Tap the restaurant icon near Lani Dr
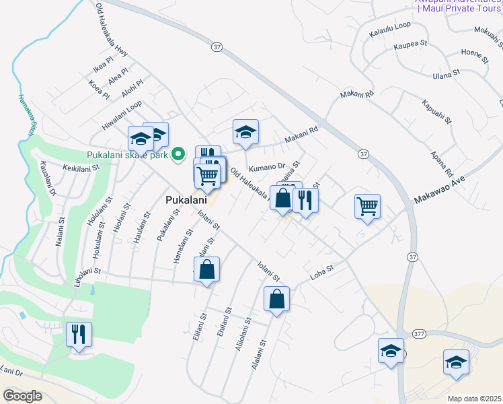[x=79, y=334]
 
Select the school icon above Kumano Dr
[x=245, y=132]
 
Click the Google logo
[x=22, y=395]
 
